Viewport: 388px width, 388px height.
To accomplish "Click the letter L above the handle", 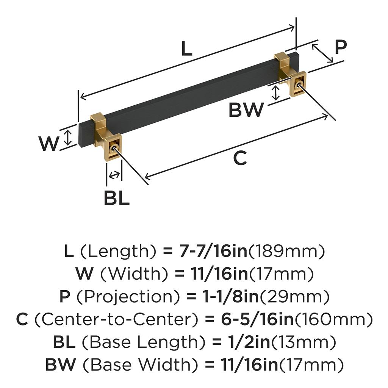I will [186, 49].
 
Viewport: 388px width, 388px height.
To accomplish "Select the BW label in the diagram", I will [246, 110].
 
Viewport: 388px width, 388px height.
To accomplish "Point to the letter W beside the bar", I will [49, 144].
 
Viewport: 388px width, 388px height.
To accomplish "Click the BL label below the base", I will [116, 198].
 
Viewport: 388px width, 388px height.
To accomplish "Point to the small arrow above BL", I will [114, 175].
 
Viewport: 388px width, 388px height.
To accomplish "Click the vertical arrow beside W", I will [68, 137].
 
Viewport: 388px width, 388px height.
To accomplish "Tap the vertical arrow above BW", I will [276, 93].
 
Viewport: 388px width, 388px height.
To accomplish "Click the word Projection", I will [116, 297].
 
